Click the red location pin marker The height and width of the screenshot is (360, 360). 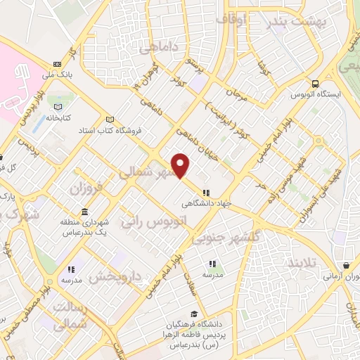click(181, 166)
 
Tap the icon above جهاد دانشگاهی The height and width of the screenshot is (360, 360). click(206, 193)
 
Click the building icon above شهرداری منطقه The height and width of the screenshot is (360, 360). click(84, 212)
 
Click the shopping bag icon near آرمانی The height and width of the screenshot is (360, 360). click(347, 266)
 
